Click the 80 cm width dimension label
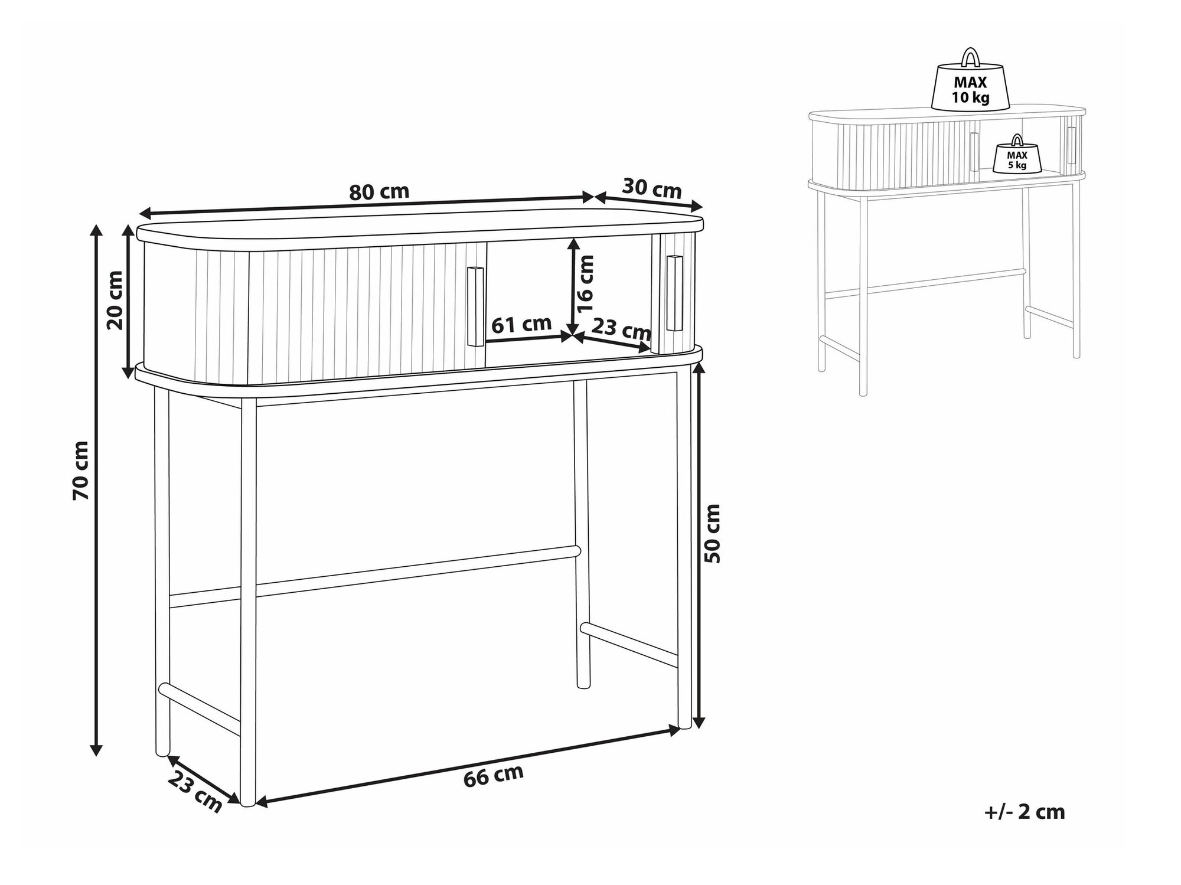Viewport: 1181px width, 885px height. tap(379, 192)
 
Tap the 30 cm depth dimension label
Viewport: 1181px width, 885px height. tap(652, 188)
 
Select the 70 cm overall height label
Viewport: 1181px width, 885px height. tap(81, 471)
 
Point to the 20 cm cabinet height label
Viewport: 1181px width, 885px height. tap(115, 299)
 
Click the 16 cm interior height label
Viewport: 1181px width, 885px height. tap(585, 284)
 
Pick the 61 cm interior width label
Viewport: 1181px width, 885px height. tap(521, 324)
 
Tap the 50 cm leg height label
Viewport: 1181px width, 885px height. tap(713, 533)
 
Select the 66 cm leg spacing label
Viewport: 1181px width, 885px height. tap(494, 776)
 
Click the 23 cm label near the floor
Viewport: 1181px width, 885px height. tap(195, 792)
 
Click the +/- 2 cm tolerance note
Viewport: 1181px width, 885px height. tap(1025, 812)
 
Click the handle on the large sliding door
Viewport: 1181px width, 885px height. tap(475, 306)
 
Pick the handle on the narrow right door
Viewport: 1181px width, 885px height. tap(674, 293)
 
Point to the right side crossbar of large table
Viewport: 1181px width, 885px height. tap(629, 645)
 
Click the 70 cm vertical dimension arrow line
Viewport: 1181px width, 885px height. tap(96, 490)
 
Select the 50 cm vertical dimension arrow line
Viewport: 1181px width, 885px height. tap(699, 546)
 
